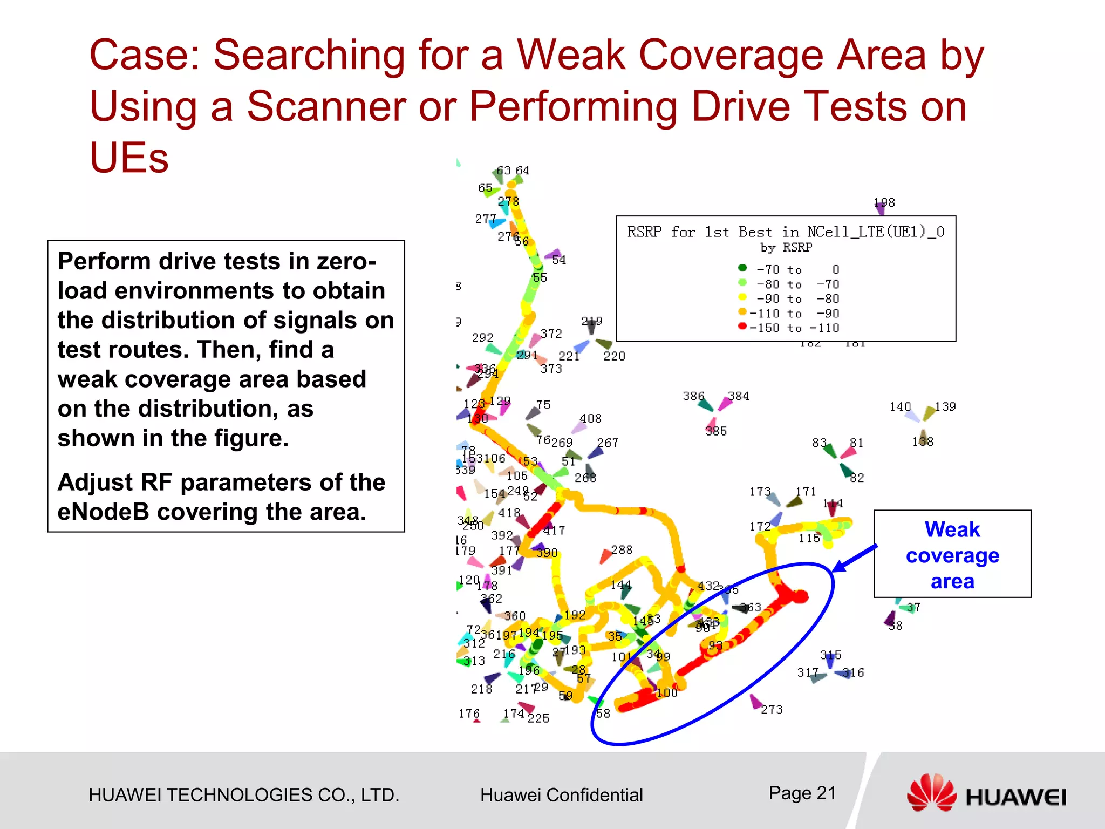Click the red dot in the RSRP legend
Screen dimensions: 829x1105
742,326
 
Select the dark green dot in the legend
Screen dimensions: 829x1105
742,268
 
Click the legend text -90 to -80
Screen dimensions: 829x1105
797,299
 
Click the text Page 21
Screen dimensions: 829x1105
802,793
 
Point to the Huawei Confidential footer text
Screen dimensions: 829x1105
561,795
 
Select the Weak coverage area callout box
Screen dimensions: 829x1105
952,554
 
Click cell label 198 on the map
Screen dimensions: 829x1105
884,202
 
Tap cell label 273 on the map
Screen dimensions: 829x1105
772,710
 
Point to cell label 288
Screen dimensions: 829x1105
622,550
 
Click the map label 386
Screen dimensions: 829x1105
693,396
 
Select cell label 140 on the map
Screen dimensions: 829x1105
900,406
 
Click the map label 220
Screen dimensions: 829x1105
614,356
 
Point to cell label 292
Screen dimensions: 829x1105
482,337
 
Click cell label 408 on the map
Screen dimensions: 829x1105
590,418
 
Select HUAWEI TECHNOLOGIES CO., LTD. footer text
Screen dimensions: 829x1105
244,795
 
